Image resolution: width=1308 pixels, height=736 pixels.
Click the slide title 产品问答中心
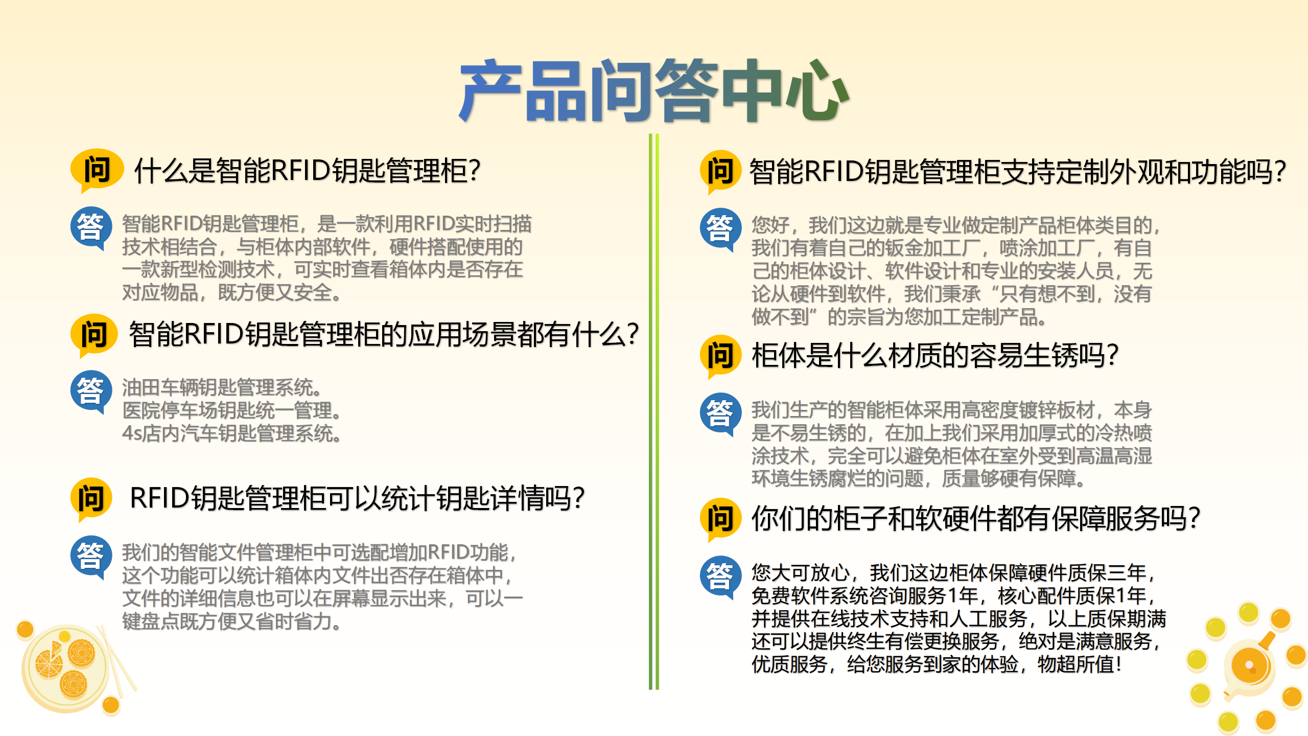pos(653,90)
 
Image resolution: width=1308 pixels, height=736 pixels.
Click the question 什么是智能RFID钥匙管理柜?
pos(307,171)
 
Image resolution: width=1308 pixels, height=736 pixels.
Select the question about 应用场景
pos(384,334)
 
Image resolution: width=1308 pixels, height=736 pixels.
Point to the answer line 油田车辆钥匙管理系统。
pos(222,387)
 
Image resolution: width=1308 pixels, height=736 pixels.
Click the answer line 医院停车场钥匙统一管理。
pos(232,410)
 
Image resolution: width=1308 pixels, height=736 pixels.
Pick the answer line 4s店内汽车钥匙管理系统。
pos(232,433)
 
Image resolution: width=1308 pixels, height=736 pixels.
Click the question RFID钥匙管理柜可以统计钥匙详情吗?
pos(357,498)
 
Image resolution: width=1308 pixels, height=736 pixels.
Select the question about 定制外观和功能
pos(1017,172)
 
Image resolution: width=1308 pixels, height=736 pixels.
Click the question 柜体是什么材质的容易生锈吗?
pos(935,356)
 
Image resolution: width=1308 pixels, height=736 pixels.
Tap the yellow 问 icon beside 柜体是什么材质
pos(720,356)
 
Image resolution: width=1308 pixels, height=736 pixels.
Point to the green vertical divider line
pos(654,411)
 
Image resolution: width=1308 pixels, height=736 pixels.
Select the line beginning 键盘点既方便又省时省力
pos(232,622)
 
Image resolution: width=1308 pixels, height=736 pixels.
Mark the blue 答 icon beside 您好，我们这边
pos(720,229)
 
